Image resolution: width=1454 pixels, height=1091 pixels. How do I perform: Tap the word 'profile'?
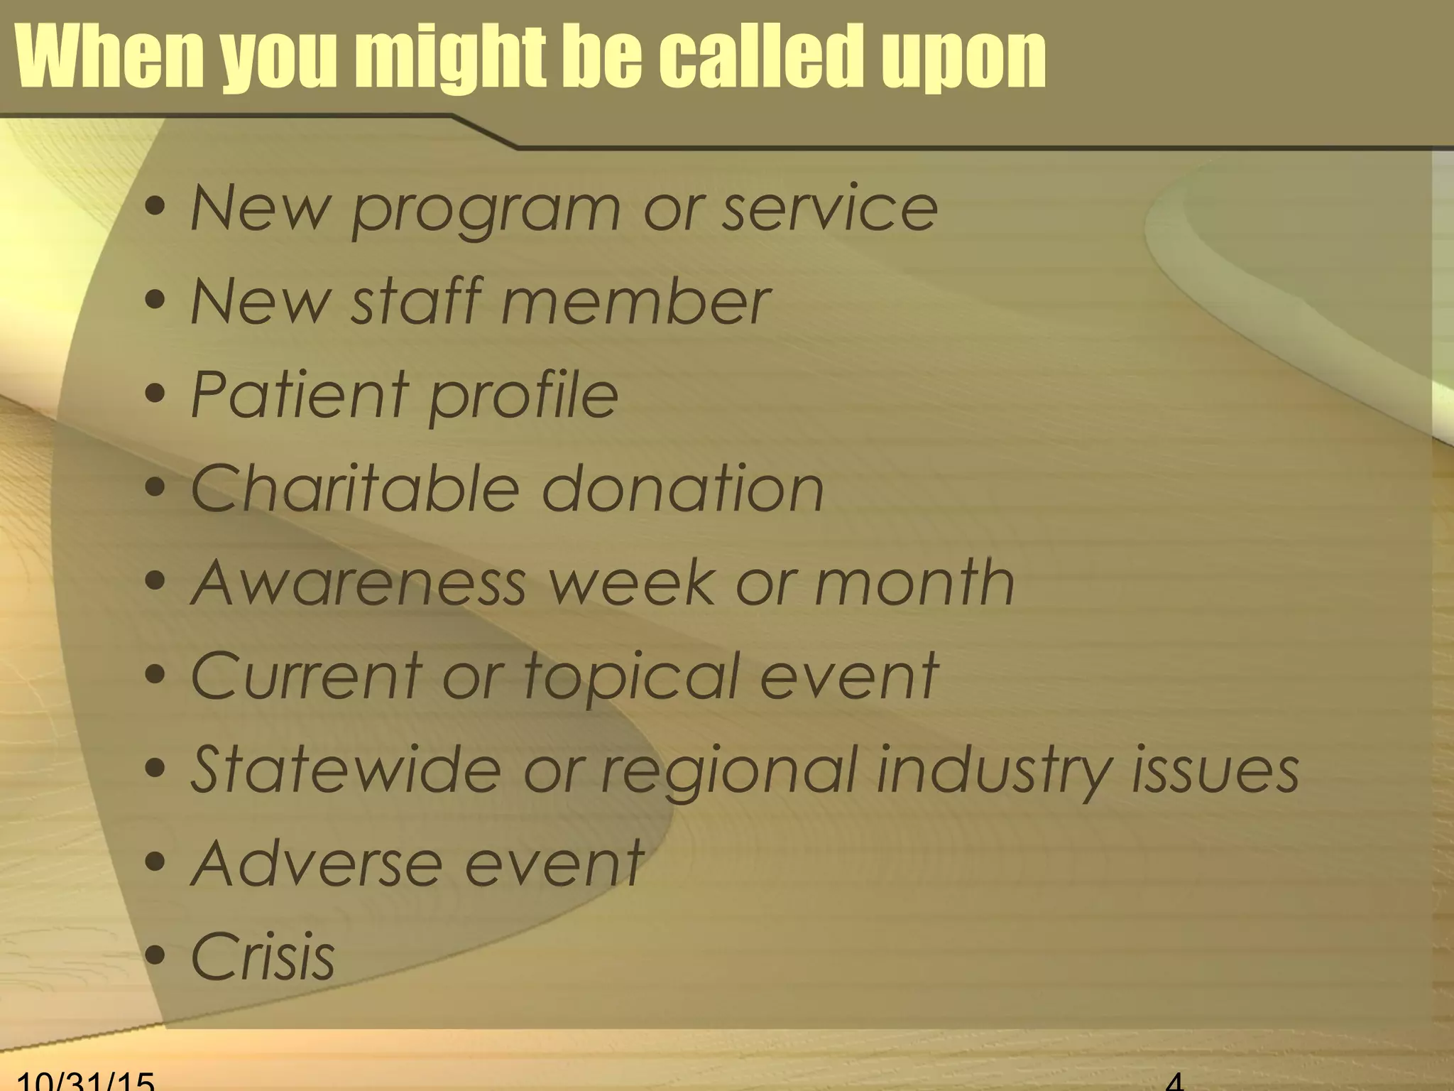pyautogui.click(x=524, y=396)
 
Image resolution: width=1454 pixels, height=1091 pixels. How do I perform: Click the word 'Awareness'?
pyautogui.click(x=359, y=582)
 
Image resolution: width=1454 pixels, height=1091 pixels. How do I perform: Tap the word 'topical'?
pyautogui.click(x=632, y=677)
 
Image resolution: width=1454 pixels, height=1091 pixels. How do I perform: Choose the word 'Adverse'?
pyautogui.click(x=316, y=864)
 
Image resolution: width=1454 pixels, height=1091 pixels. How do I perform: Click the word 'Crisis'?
pyautogui.click(x=263, y=957)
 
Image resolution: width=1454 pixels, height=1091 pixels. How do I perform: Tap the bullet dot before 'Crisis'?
pyautogui.click(x=155, y=955)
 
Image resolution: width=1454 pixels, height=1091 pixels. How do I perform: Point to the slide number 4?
pyautogui.click(x=1175, y=1081)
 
